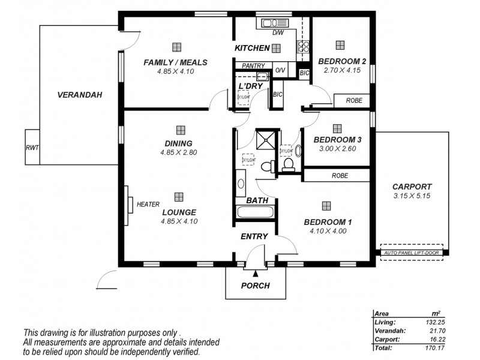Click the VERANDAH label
pos(79,95)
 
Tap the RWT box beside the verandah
pos(32,147)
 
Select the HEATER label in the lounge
pos(148,204)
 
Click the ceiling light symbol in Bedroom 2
pos(340,45)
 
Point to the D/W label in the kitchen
pos(277,33)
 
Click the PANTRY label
pos(253,66)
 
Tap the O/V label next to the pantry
pos(280,71)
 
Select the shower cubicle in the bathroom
pos(264,140)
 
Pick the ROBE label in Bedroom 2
pos(354,101)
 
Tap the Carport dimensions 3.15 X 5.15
pos(412,196)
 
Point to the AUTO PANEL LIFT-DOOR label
pos(412,253)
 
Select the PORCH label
pos(256,286)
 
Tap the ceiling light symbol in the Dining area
pos(180,130)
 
